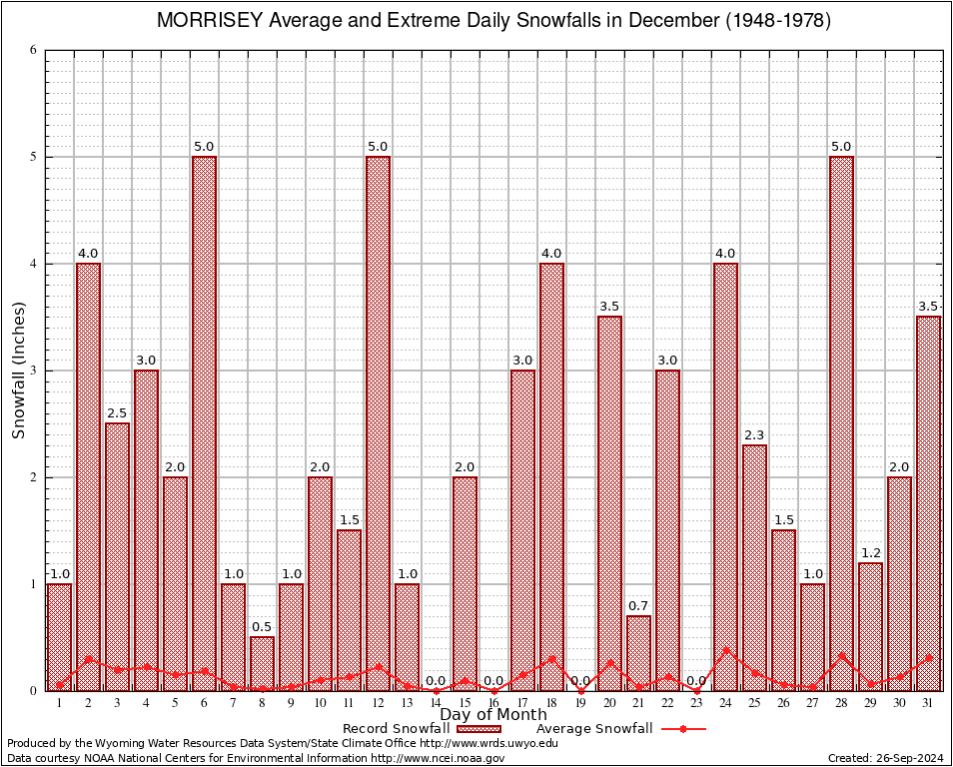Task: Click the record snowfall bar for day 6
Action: (204, 419)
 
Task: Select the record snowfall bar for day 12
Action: (378, 419)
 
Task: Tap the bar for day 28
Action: (841, 419)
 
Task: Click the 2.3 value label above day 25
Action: (754, 434)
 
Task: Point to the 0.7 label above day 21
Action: (638, 605)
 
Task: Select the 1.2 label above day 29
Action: (870, 552)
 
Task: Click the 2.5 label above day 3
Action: (117, 412)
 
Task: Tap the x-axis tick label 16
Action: (493, 703)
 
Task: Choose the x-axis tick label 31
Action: (928, 703)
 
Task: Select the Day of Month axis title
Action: (493, 715)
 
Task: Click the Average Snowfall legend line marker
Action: (682, 729)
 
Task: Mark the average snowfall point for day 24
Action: (725, 650)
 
